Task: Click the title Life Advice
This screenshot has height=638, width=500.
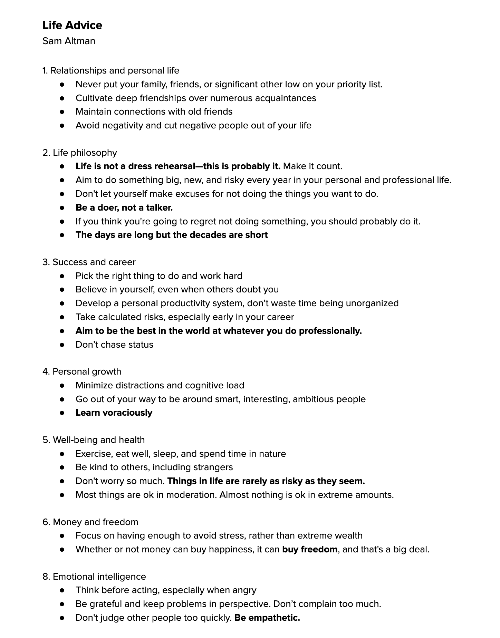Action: [x=72, y=25]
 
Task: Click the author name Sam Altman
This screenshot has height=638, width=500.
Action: [x=69, y=41]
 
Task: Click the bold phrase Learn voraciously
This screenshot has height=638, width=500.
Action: [x=114, y=413]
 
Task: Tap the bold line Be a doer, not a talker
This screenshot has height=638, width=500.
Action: [x=124, y=207]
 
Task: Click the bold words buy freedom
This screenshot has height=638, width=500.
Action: [x=310, y=549]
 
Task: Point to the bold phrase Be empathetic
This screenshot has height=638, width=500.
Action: [x=267, y=618]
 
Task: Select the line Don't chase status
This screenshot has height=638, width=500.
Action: [x=114, y=345]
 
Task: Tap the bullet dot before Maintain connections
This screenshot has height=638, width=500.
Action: [x=62, y=112]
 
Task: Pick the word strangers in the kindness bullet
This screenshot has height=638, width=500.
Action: [x=213, y=467]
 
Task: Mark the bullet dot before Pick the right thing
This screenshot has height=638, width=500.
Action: [x=62, y=276]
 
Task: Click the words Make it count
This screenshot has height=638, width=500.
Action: [x=312, y=166]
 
